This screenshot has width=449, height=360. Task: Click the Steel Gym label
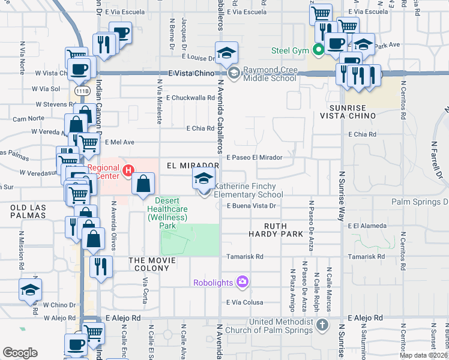[289, 50]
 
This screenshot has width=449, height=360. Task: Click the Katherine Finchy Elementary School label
[248, 190]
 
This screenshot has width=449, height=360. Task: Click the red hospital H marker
[127, 172]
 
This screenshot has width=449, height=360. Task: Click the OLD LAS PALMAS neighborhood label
[28, 212]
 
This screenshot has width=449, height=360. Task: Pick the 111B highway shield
[82, 91]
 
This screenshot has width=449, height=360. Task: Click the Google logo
[20, 352]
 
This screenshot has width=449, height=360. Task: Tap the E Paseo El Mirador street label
[254, 157]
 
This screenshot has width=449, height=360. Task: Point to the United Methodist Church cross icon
[322, 326]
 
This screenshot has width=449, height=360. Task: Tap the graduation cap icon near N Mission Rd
[30, 290]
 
